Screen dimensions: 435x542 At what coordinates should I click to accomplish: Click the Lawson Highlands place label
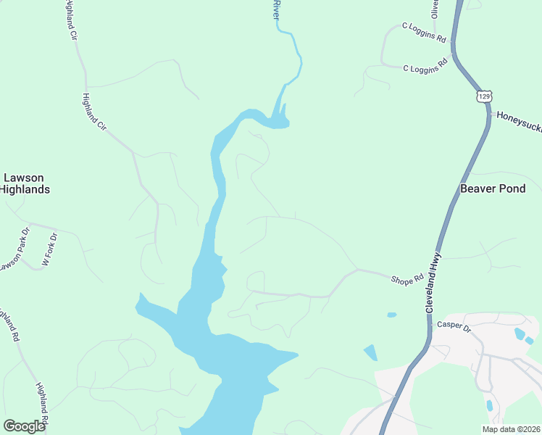tap(25, 183)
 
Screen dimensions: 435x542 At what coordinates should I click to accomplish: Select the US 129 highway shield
tap(485, 96)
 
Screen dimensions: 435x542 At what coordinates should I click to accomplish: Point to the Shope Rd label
tap(406, 279)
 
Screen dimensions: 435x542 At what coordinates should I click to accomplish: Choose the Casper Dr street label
tap(454, 326)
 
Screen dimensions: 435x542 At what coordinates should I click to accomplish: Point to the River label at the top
tap(275, 9)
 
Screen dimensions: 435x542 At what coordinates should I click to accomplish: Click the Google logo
tap(24, 426)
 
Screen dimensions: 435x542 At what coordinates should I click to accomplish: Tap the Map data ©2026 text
tap(510, 429)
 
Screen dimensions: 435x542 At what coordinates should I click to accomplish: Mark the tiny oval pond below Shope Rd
tap(392, 315)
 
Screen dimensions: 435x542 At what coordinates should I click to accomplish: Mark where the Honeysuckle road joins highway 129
tap(490, 115)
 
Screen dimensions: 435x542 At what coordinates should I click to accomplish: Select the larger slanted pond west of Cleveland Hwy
tap(370, 353)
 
